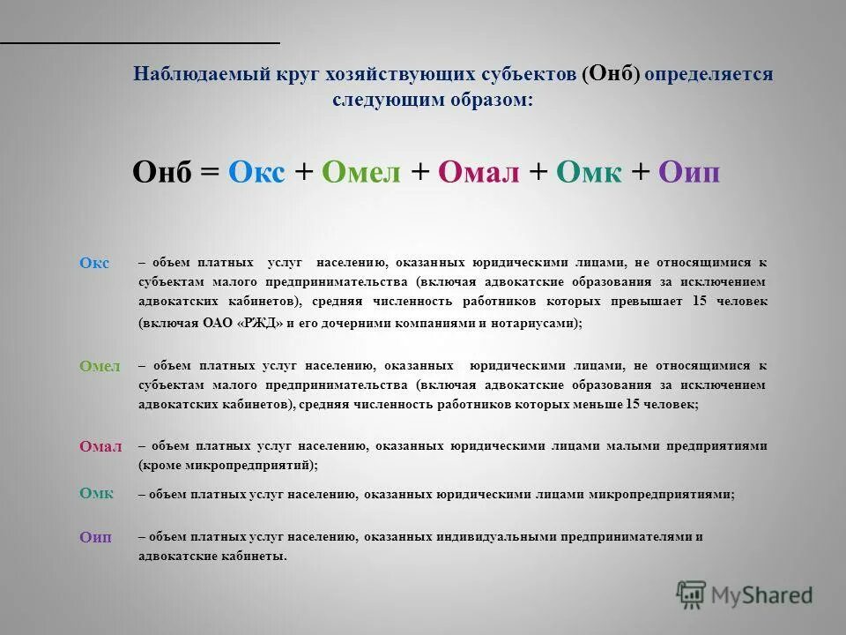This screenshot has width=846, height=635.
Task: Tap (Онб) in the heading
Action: [x=611, y=74]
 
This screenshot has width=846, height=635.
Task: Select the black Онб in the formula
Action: [x=161, y=172]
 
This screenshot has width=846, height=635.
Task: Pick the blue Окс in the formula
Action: [x=256, y=172]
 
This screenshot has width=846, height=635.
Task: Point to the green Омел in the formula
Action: [x=361, y=172]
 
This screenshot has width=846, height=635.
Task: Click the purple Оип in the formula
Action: [x=689, y=172]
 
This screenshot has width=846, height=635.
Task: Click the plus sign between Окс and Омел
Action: [x=303, y=172]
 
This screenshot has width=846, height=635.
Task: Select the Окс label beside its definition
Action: [x=94, y=263]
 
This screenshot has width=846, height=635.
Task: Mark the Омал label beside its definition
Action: [x=100, y=446]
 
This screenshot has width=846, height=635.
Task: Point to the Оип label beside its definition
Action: [x=96, y=537]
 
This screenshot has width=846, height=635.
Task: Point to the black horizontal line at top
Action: [x=140, y=41]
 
